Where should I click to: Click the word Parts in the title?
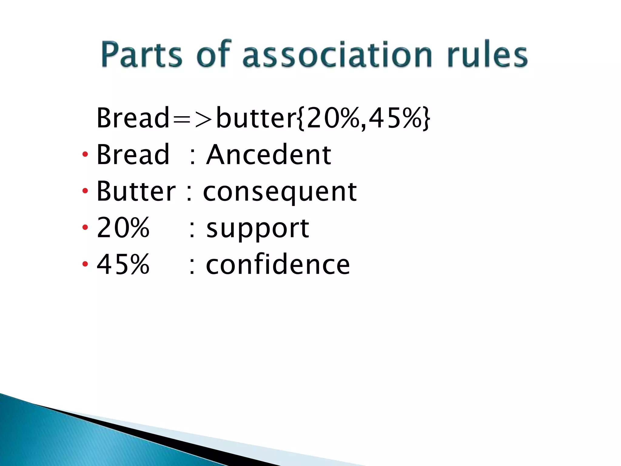point(141,55)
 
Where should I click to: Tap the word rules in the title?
point(487,55)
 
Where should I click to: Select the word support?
point(258,228)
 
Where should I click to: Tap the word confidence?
point(278,265)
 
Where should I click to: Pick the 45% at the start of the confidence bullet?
point(123,264)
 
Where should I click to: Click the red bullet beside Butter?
point(85,191)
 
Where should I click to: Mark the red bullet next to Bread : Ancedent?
point(85,154)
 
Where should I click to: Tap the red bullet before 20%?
point(85,227)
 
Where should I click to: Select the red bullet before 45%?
point(85,264)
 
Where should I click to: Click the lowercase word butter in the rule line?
point(256,118)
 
